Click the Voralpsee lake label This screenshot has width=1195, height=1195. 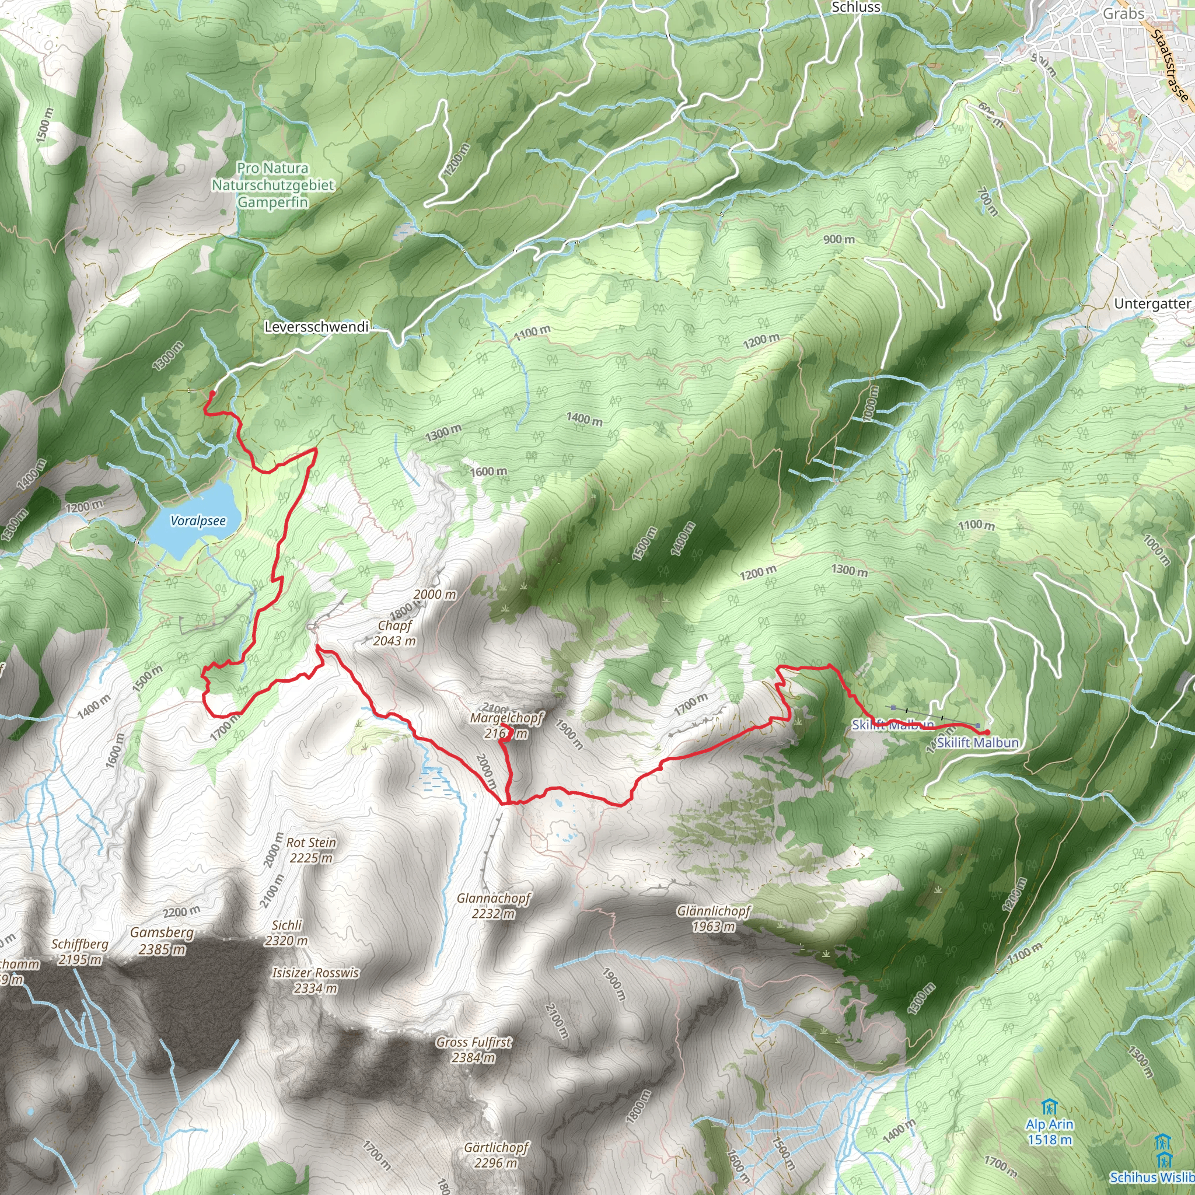coord(198,521)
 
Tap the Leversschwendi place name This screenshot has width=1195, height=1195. coord(316,327)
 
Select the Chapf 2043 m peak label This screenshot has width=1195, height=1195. coord(394,633)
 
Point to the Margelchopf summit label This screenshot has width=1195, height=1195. coord(506,725)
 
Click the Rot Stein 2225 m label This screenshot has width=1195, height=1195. coord(311,850)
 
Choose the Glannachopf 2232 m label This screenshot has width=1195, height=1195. coord(494,906)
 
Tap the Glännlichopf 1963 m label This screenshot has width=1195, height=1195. coord(714,918)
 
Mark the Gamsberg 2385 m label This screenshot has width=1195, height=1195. coord(162,940)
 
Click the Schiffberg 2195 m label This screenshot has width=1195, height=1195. coord(80,951)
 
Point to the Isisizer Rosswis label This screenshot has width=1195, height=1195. coord(316,980)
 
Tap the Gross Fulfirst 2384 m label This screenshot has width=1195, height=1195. coord(474,1050)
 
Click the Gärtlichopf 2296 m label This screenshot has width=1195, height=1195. coord(496,1155)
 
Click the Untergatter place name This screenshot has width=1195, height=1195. coord(1152,303)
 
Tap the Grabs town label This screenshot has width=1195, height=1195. coord(1123,13)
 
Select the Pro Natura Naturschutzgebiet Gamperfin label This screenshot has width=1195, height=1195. coord(272,185)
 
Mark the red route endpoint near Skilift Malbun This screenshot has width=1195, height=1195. coord(988,732)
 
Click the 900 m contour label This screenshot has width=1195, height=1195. coord(838,239)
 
